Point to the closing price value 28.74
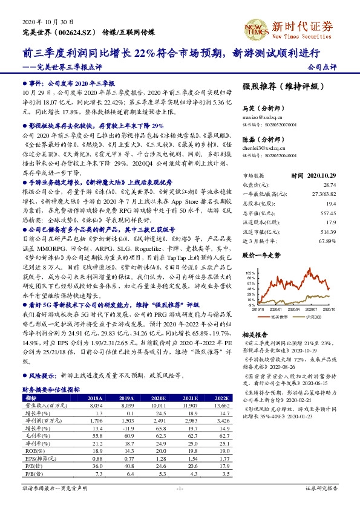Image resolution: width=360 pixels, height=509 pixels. coord(329,184)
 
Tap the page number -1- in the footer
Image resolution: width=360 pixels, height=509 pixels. coord(179,488)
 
